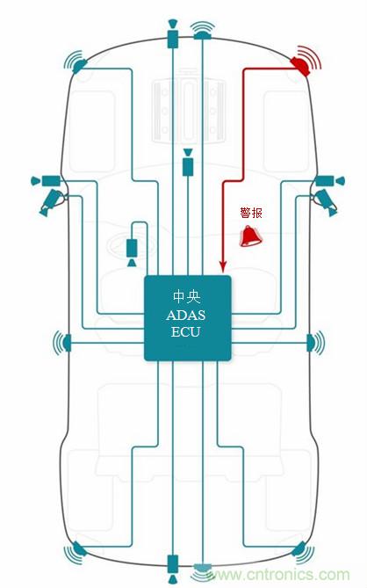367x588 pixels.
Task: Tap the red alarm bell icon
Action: coord(251,235)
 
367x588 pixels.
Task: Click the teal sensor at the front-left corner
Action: coord(77,63)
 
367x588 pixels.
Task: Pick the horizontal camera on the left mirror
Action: coord(46,180)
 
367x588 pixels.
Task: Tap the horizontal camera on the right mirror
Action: coord(327,179)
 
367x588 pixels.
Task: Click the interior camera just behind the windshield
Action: coord(187,163)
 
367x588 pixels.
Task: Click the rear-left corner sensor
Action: coord(77,552)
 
